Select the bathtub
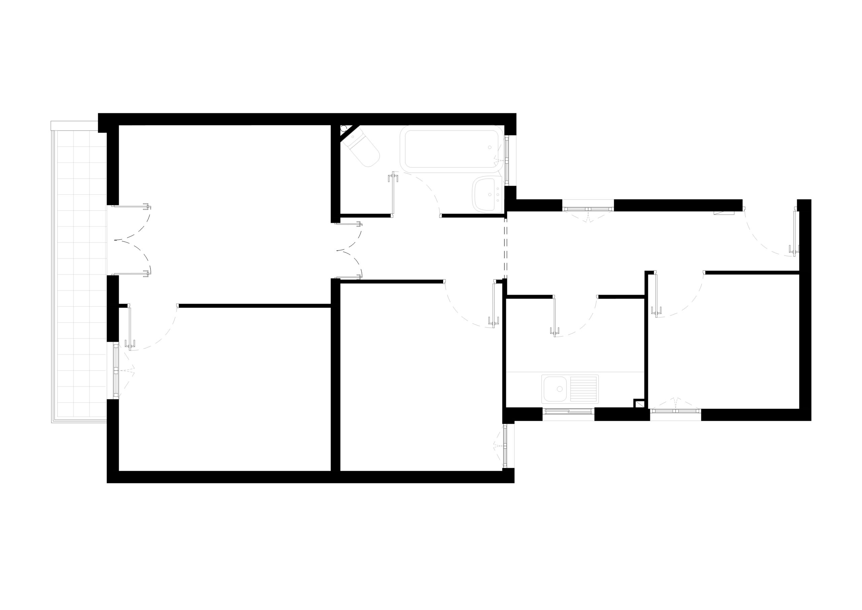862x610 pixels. point(451,149)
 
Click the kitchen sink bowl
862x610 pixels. point(554,389)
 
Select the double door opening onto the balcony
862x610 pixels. point(131,241)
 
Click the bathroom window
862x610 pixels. point(506,160)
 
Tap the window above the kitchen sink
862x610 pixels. point(568,411)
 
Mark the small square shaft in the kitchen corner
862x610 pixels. point(639,404)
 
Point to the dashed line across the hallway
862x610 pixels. point(505,248)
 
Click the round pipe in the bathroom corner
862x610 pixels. point(343,128)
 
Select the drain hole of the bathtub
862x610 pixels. point(490,147)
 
